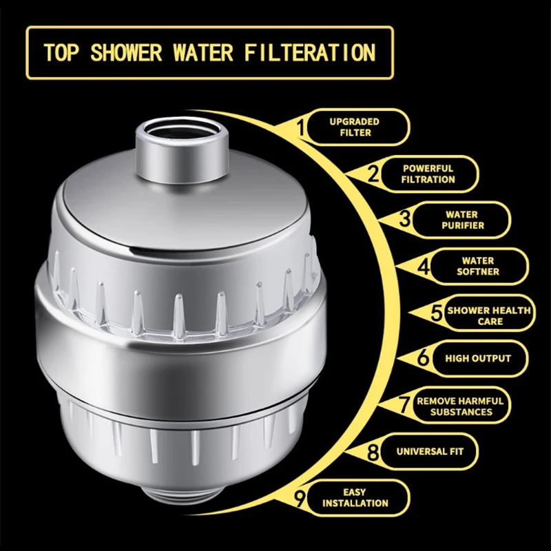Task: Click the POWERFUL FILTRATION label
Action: tap(428, 174)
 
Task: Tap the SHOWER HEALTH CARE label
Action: tap(488, 315)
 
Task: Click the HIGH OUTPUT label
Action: tap(477, 359)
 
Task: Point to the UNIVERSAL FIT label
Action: tap(429, 453)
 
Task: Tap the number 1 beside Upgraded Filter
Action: tap(300, 127)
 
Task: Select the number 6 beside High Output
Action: tap(424, 359)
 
